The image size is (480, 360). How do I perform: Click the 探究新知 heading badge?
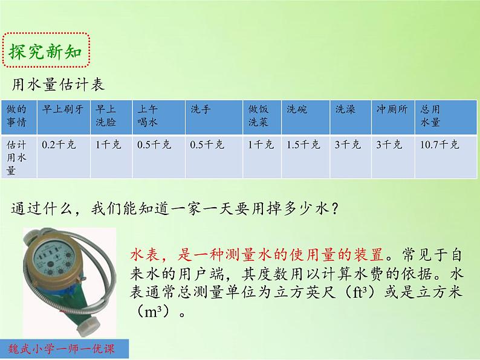coord(48,53)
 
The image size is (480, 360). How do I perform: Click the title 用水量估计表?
coord(58,85)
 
